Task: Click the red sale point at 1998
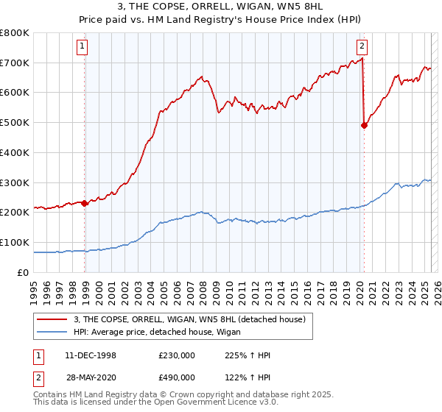coord(85,203)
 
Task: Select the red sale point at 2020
coord(364,125)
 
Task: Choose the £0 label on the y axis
coord(23,272)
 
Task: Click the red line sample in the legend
coord(52,319)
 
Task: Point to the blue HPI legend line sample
coord(52,332)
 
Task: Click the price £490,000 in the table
coord(176,377)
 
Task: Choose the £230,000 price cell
coord(176,356)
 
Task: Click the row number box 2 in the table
coord(38,377)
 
